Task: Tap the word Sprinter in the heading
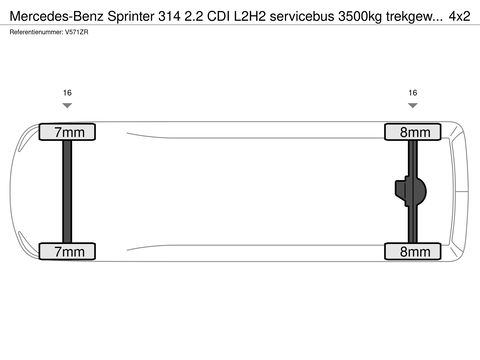[x=131, y=17]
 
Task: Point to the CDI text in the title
[x=218, y=16]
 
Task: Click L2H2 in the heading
[x=250, y=16]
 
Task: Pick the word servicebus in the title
[x=302, y=16]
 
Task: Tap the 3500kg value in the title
[x=360, y=17]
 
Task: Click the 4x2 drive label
[x=459, y=16]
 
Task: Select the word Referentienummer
[x=36, y=32]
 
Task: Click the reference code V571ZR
[x=77, y=32]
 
